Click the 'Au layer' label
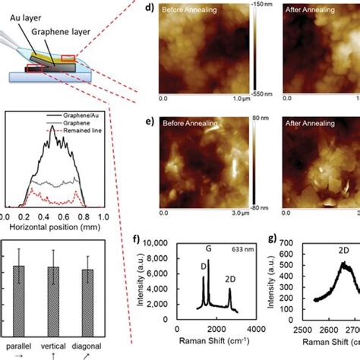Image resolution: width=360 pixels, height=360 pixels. pyautogui.click(x=27, y=14)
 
